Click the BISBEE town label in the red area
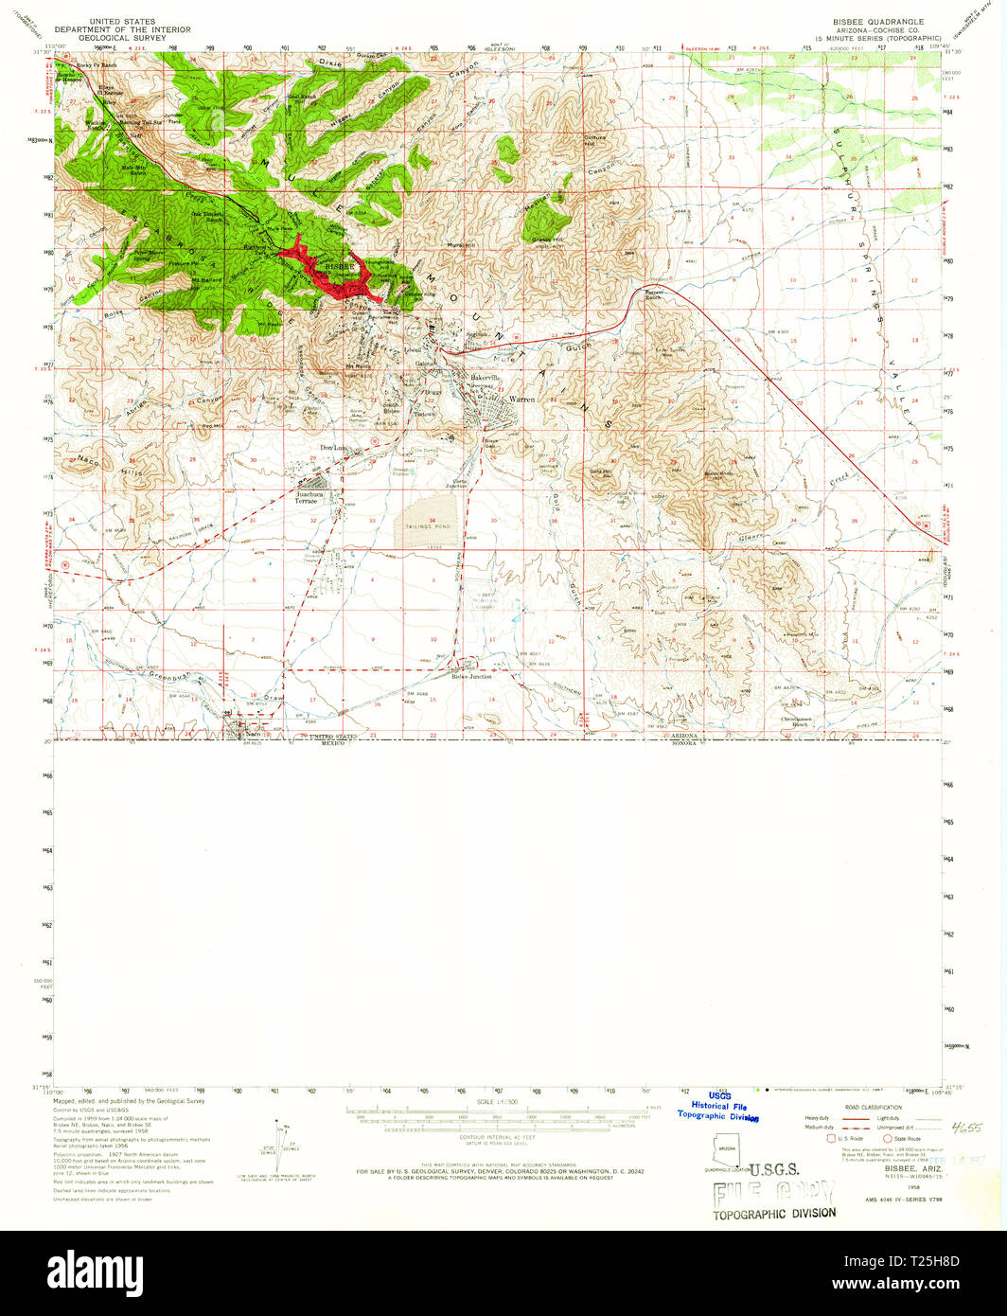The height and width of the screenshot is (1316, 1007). click(338, 268)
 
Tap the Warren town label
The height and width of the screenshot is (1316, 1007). click(522, 400)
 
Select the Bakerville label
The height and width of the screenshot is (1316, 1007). click(486, 378)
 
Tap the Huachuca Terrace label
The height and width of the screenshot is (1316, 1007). click(311, 497)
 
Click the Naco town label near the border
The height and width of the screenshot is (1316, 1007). click(252, 734)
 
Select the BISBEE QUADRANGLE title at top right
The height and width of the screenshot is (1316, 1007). click(872, 21)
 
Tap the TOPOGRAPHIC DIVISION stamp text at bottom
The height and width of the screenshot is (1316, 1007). click(774, 1213)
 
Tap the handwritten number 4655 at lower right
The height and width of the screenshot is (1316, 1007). click(966, 1129)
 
